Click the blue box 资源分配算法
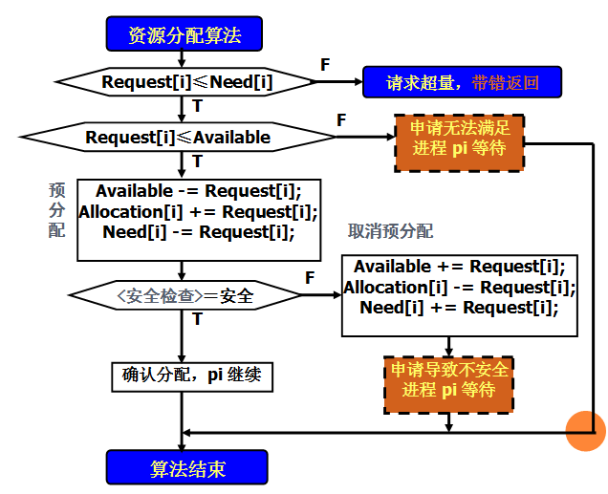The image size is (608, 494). pyautogui.click(x=184, y=36)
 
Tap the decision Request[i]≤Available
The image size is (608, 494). pyautogui.click(x=178, y=138)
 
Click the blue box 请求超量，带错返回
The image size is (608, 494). pyautogui.click(x=462, y=82)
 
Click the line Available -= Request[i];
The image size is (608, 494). pyautogui.click(x=199, y=191)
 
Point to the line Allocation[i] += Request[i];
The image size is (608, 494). pyautogui.click(x=198, y=211)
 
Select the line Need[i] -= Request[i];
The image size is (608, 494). pyautogui.click(x=199, y=231)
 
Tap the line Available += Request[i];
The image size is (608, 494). pyautogui.click(x=460, y=267)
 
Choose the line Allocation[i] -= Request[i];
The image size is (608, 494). pyautogui.click(x=460, y=287)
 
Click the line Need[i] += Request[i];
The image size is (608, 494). pyautogui.click(x=460, y=307)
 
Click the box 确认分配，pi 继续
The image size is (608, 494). pyautogui.click(x=192, y=375)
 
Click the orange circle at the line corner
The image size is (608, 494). pyautogui.click(x=586, y=429)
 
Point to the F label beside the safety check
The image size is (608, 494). pyautogui.click(x=310, y=277)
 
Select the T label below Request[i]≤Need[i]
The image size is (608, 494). pyautogui.click(x=198, y=105)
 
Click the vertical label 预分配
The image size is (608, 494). pyautogui.click(x=56, y=210)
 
